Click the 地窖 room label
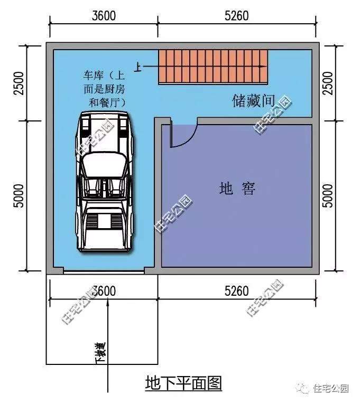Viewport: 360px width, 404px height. pos(237,188)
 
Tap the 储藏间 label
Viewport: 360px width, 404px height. pos(253,100)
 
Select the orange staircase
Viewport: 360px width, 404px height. pos(213,67)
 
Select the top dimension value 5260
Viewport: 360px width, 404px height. pos(236,16)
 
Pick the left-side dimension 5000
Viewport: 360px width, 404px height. pos(19,195)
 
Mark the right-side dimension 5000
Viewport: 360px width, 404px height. pos(328,195)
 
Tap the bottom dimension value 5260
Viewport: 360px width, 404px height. pos(236,291)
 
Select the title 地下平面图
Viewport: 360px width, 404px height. pos(183,383)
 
